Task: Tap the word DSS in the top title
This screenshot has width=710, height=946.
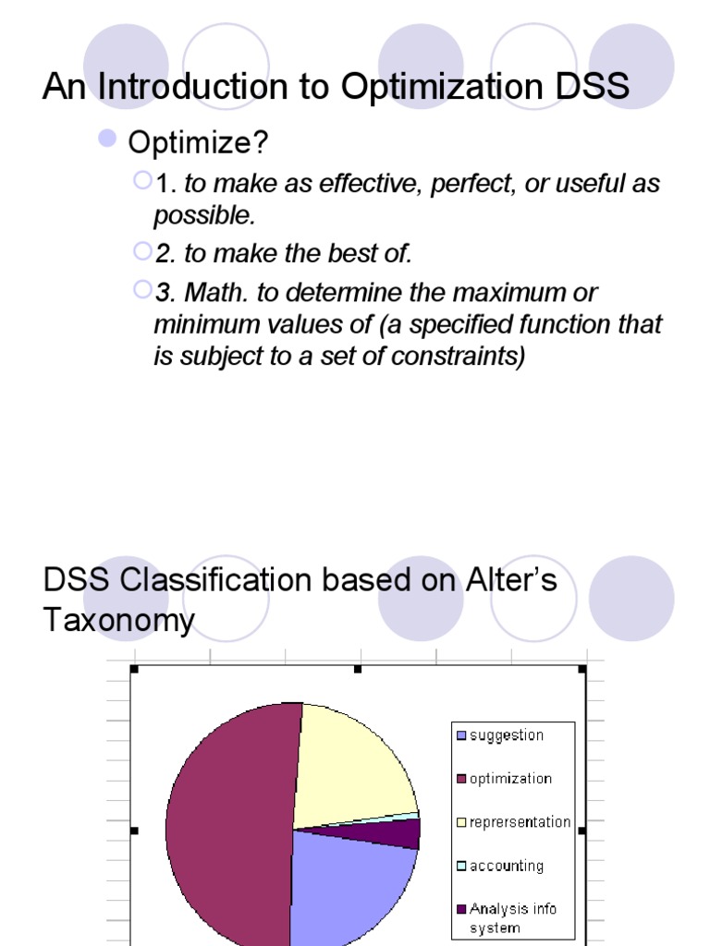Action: [x=593, y=86]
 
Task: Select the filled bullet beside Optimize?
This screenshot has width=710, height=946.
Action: [x=107, y=139]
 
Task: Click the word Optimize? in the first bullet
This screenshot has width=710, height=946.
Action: [x=198, y=143]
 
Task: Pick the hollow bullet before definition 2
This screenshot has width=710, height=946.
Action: [x=142, y=251]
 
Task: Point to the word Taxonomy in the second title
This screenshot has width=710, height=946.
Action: [x=119, y=621]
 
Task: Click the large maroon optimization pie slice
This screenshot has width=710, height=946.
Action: [x=229, y=827]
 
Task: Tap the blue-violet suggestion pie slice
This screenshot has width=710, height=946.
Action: [x=350, y=887]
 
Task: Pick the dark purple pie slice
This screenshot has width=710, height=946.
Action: [x=392, y=833]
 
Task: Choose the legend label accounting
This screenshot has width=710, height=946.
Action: [x=507, y=867]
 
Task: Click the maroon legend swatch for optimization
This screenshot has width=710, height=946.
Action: [x=462, y=779]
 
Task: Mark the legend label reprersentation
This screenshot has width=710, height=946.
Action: [x=520, y=822]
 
